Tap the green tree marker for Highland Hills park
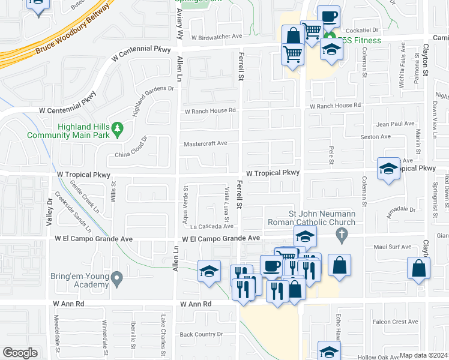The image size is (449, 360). [118, 127]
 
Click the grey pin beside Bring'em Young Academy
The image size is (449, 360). [116, 278]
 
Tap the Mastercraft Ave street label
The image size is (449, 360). [205, 143]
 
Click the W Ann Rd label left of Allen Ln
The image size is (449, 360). [68, 304]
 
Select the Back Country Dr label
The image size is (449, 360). [201, 334]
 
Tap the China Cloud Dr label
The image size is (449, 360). [131, 150]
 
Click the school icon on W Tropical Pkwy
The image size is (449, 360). [388, 169]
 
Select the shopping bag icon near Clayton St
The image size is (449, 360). [419, 269]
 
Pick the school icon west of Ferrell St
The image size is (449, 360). [209, 271]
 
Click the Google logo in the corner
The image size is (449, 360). [20, 353]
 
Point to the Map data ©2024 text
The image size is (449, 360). [423, 355]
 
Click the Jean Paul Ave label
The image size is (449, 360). [394, 124]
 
